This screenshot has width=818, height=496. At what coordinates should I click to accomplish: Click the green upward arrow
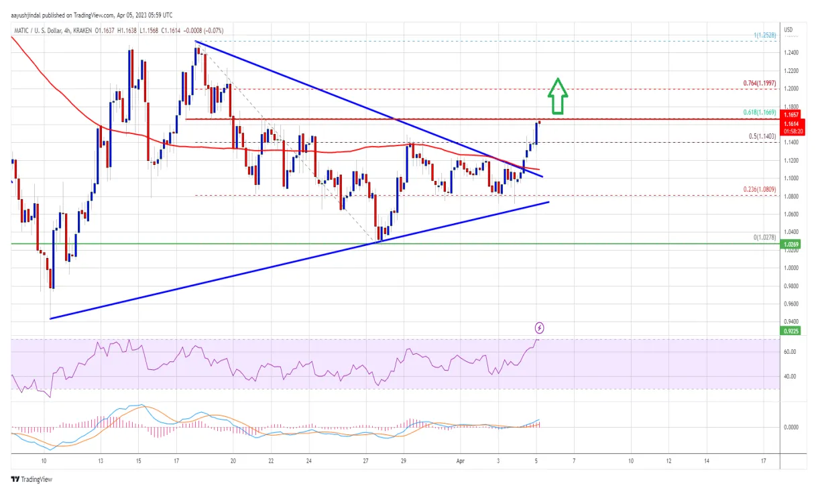point(558,96)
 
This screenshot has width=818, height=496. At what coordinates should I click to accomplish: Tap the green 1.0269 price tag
point(791,245)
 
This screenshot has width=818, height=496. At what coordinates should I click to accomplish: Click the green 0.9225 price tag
point(791,330)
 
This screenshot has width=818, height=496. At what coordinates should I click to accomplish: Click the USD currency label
point(788,30)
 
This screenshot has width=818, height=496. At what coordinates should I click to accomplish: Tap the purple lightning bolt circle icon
point(539,328)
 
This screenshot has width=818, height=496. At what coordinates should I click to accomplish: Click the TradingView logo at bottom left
point(32,479)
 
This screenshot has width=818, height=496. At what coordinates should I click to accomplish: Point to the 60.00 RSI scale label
point(790,352)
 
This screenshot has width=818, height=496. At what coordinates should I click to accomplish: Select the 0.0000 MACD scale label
point(791,427)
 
